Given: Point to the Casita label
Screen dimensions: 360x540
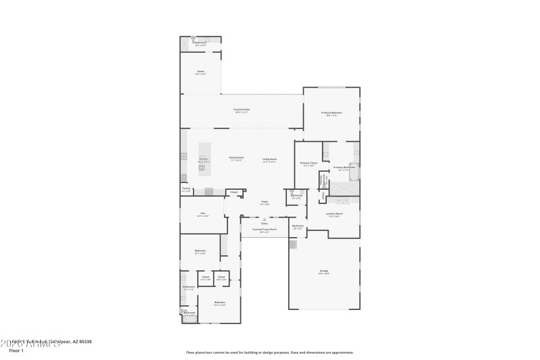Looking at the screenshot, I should (200, 72).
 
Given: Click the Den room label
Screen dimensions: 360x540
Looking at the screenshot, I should (202, 215).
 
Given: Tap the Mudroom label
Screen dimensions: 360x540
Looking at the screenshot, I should (298, 226).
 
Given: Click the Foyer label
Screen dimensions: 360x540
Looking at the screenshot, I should (265, 201).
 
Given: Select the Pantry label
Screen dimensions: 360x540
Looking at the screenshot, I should (186, 189).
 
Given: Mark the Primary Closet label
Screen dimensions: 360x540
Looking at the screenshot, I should (308, 163).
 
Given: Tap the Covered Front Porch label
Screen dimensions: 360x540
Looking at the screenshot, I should (265, 230).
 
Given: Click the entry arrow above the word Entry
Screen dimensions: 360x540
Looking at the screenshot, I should (265, 219).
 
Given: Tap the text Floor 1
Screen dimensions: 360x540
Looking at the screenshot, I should (16, 351).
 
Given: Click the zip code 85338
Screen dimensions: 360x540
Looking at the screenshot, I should (84, 342).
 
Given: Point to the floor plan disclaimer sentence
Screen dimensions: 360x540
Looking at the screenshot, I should (269, 352).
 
